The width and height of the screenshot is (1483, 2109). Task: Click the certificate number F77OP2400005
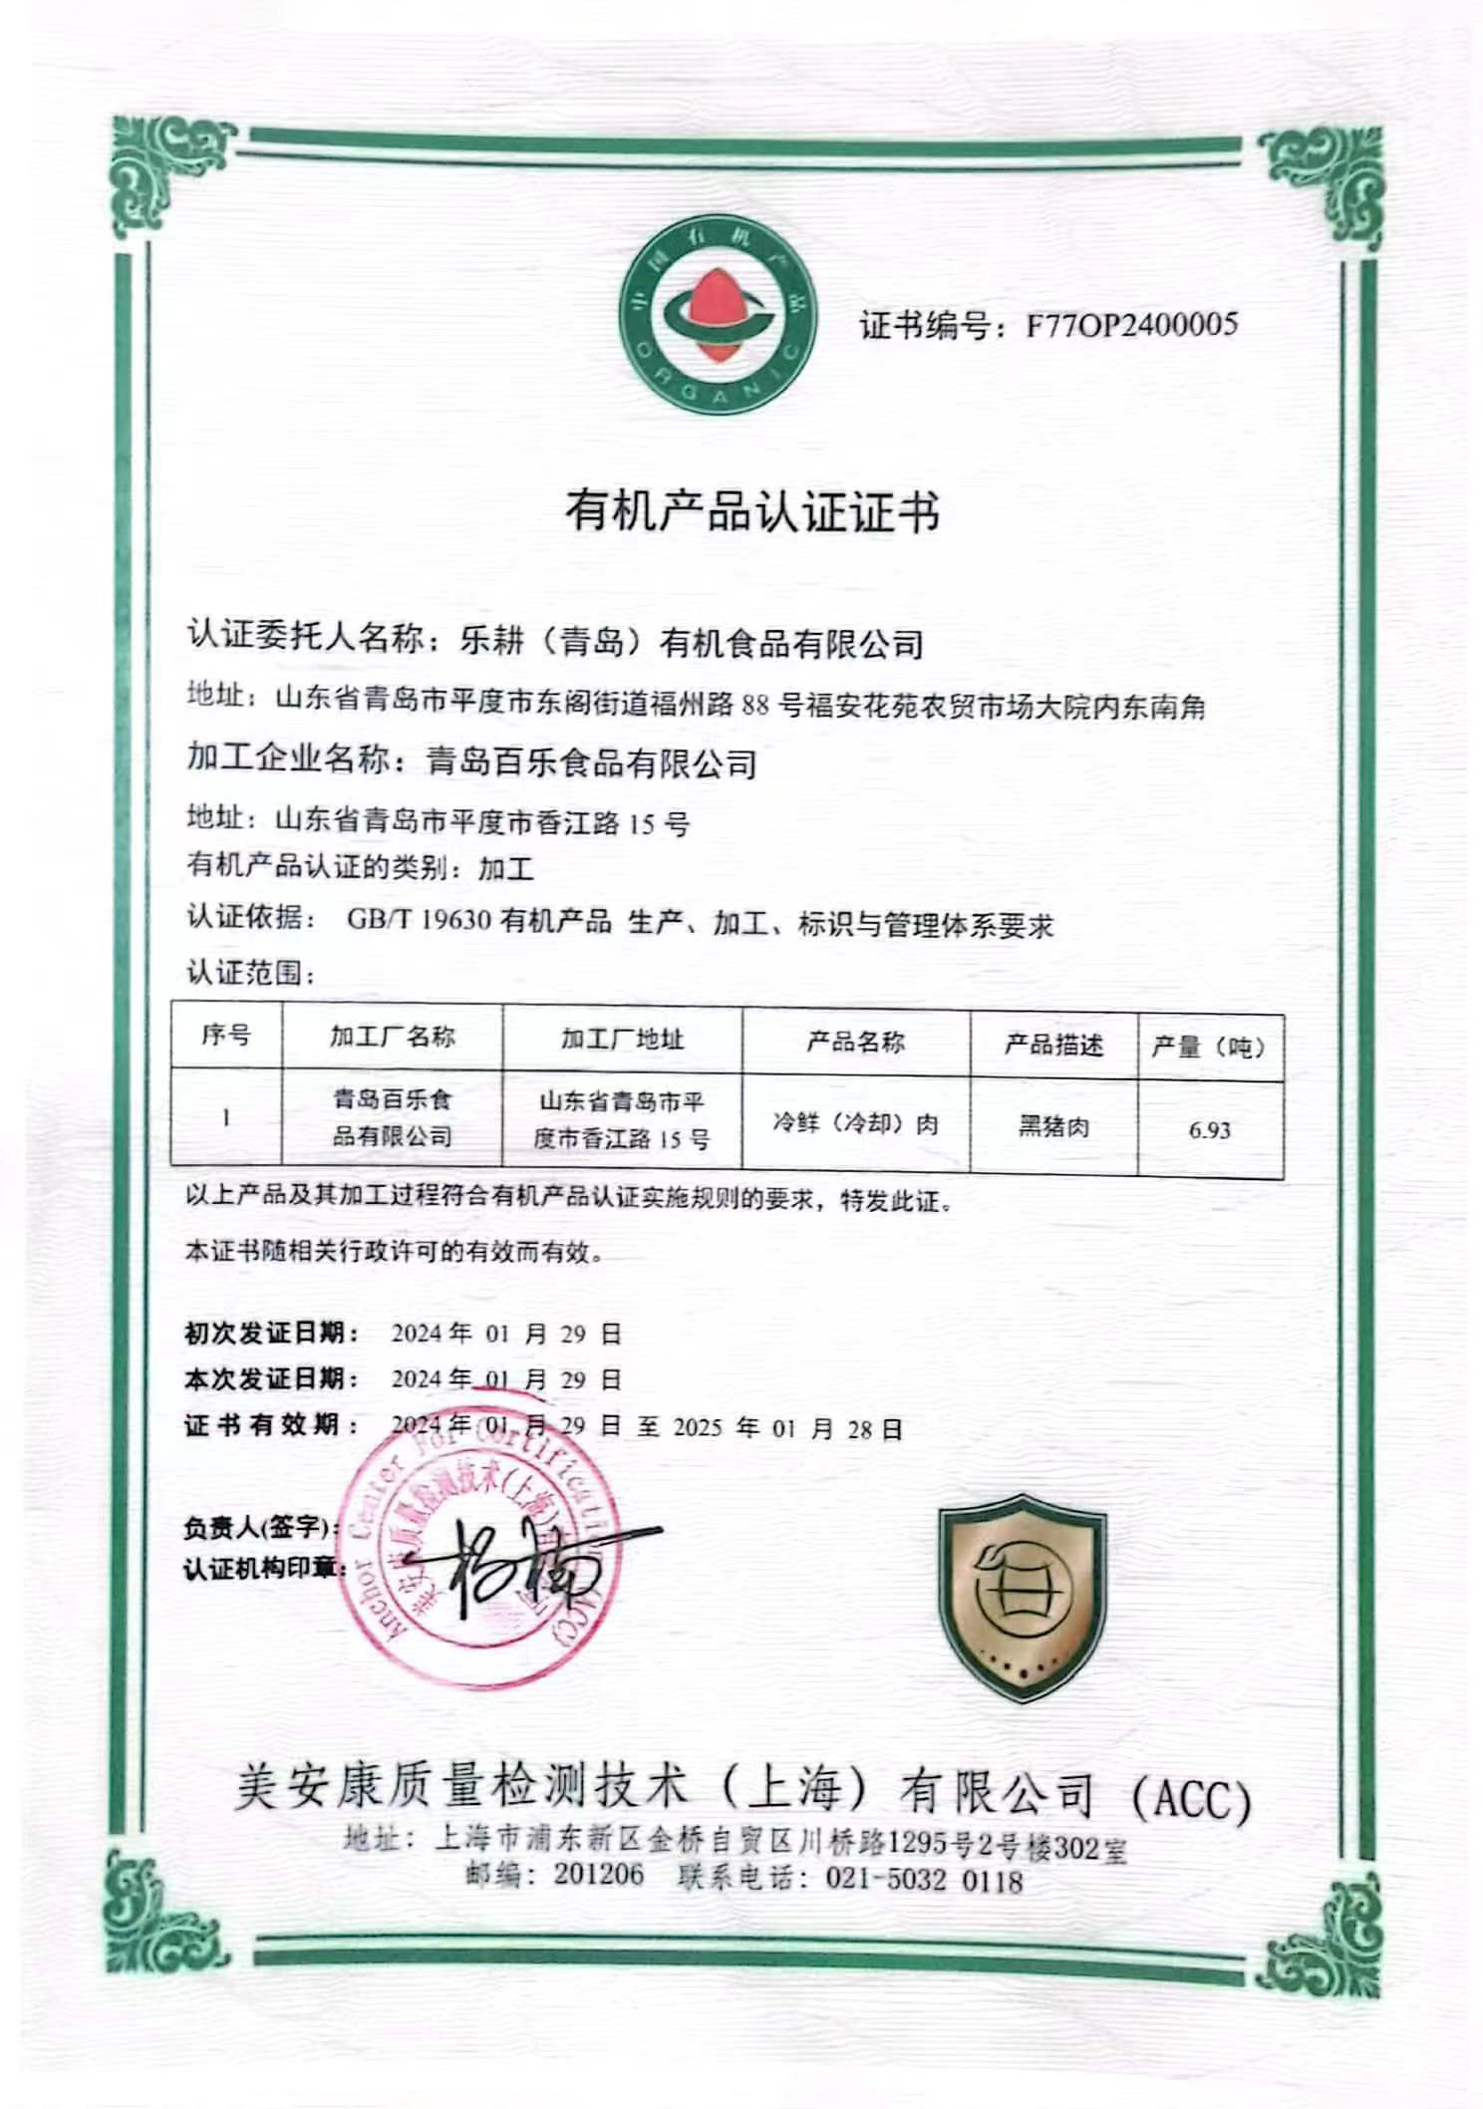pos(1131,325)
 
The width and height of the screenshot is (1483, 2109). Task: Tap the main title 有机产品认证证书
pos(752,512)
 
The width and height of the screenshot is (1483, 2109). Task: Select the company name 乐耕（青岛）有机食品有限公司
pos(691,643)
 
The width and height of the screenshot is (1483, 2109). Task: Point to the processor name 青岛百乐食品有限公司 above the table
pos(591,763)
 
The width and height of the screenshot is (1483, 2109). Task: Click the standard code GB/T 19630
pos(419,920)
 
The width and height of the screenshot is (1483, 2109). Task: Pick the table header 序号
pos(226,1036)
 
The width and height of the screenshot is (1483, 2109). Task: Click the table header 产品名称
pos(855,1043)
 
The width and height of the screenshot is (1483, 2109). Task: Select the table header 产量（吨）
pos(1209,1048)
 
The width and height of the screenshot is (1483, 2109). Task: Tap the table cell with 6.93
pos(1209,1130)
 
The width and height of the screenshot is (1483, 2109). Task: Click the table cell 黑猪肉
pos(1053,1127)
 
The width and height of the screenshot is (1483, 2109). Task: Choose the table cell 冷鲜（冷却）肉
pos(855,1124)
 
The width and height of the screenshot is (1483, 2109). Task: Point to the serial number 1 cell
pos(226,1117)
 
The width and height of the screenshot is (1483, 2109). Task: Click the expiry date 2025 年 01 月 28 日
pos(787,1429)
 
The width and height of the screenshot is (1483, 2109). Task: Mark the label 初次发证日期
pos(271,1333)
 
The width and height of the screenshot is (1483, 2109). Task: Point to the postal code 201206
pos(599,1874)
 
